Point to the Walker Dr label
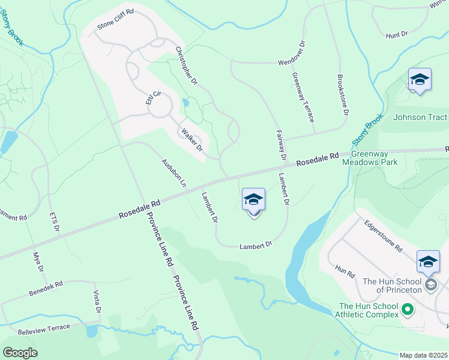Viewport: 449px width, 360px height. (191, 140)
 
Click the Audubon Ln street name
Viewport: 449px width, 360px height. (174, 172)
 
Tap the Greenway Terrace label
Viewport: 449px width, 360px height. (304, 97)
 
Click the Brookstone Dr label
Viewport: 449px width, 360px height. (342, 95)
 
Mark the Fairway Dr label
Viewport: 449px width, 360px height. (280, 146)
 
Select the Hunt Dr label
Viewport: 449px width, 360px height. (397, 35)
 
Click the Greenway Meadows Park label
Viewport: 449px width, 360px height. (370, 157)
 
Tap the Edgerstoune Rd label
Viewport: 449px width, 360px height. (382, 235)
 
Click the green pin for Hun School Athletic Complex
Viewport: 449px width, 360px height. (408, 310)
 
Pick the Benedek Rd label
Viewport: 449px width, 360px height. (46, 289)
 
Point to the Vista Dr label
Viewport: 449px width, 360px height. (96, 302)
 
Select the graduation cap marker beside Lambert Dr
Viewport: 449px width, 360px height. (253, 199)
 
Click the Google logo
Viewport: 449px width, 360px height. (20, 352)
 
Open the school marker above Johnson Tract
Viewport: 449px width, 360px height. (420, 79)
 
